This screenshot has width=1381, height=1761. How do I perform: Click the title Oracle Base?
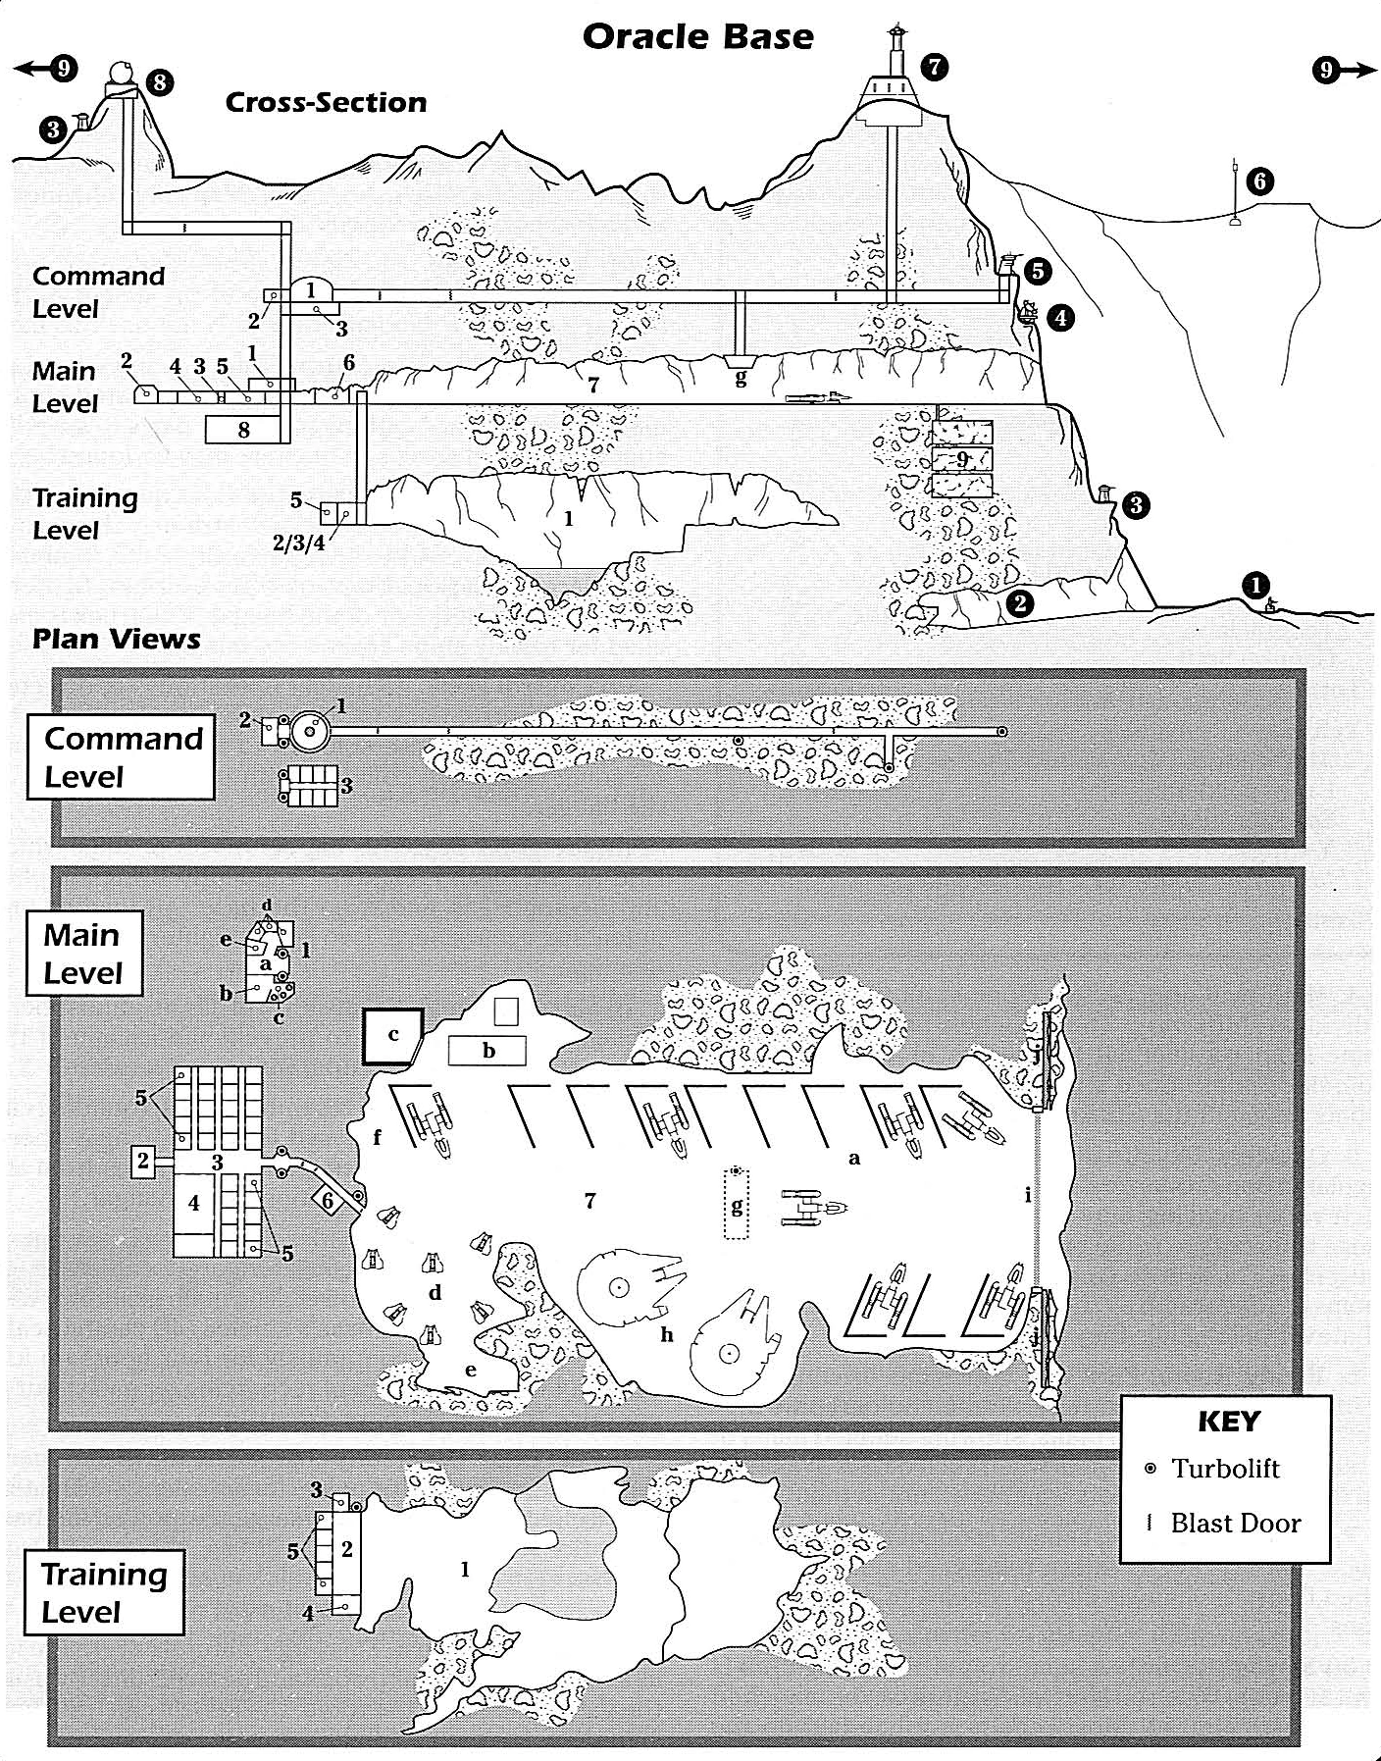[697, 36]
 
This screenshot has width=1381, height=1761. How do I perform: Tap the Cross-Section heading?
[326, 102]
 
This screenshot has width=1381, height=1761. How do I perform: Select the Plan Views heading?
[117, 640]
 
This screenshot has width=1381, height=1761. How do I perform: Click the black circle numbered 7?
[935, 67]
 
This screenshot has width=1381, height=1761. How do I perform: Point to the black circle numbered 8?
[160, 82]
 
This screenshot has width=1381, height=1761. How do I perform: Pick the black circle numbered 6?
[1259, 181]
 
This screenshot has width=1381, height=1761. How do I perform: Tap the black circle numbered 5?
[1038, 270]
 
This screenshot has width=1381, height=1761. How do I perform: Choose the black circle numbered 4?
[1059, 317]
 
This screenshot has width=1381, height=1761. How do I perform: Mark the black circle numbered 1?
[1255, 585]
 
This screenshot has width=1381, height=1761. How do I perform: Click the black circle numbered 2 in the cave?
[1020, 602]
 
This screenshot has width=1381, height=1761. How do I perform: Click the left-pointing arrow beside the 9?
[32, 69]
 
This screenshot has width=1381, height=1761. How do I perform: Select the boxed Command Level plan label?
[121, 757]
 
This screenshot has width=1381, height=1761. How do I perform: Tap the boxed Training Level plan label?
[104, 1592]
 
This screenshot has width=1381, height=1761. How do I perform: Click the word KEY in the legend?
[1229, 1422]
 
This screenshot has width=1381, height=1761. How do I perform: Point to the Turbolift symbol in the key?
[1150, 1469]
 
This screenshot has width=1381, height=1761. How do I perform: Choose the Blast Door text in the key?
[1236, 1523]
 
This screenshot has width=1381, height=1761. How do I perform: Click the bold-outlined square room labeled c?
[393, 1036]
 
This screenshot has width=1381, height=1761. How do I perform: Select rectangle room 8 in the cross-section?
[243, 429]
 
